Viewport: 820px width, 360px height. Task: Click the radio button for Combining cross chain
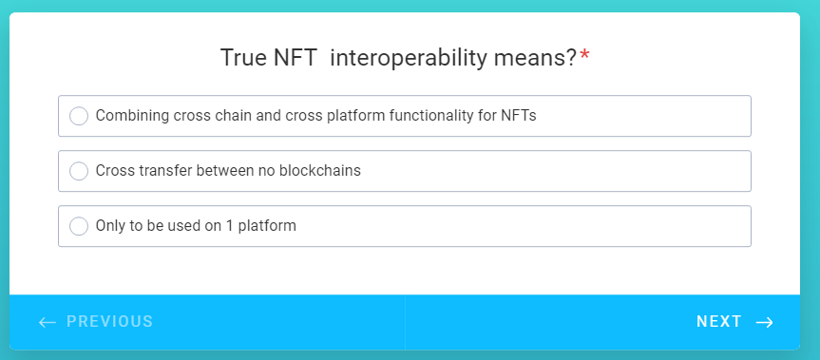[x=79, y=116]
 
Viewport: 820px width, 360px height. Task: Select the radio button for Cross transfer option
[x=79, y=171]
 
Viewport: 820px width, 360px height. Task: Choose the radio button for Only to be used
[x=79, y=226]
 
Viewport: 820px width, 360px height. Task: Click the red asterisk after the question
[x=584, y=55]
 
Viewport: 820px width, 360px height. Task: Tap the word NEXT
[x=719, y=322]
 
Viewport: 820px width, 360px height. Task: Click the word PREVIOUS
[x=110, y=322]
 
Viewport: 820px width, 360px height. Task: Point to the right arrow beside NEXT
[x=765, y=322]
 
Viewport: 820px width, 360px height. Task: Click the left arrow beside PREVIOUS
[x=48, y=322]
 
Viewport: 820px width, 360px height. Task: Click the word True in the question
[x=243, y=58]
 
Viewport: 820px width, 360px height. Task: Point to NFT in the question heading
[x=296, y=58]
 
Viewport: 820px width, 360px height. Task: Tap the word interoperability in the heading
[x=409, y=59]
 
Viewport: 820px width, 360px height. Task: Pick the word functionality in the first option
[x=431, y=116]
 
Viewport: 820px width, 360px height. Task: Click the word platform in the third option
[x=267, y=226]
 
